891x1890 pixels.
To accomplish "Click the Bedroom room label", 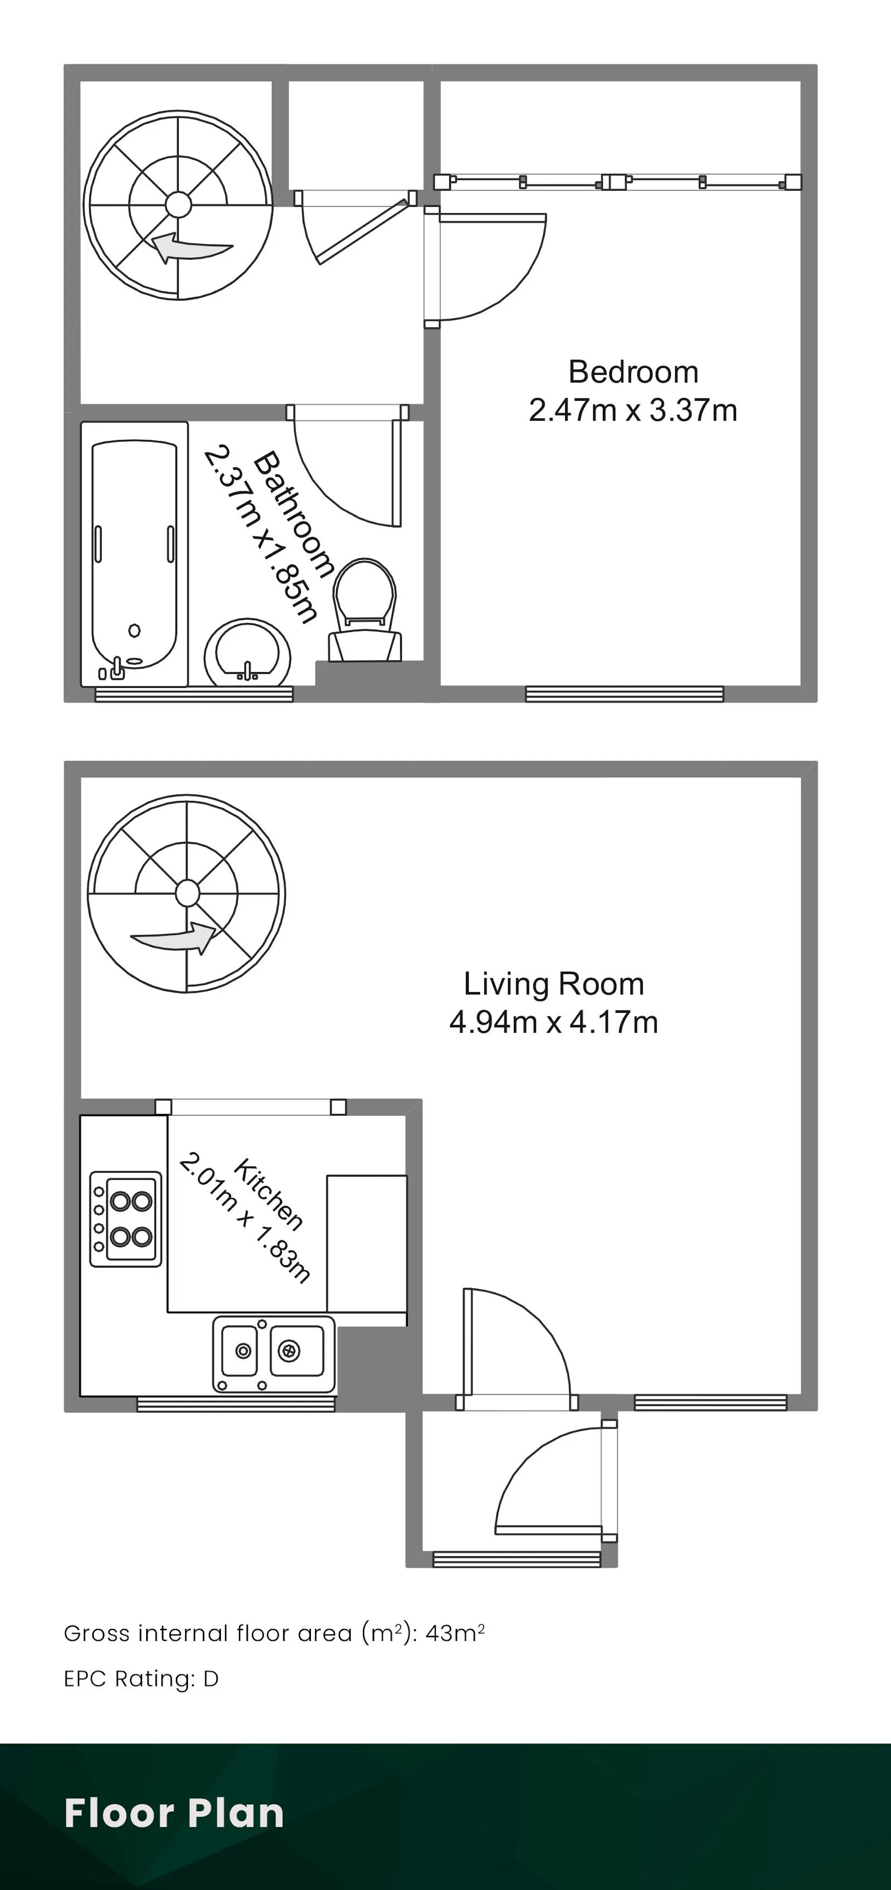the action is click(x=633, y=372).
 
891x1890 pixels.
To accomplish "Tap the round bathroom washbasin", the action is click(x=247, y=652).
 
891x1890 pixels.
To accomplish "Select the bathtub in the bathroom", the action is click(x=134, y=554).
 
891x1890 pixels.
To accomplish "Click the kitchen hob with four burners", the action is click(x=125, y=1219).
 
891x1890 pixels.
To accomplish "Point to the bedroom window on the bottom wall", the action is click(x=625, y=694).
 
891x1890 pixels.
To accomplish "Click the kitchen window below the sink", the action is click(x=236, y=1403).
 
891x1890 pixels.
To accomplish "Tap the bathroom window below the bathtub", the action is click(x=194, y=694).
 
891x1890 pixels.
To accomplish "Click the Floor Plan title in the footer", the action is click(x=174, y=1813).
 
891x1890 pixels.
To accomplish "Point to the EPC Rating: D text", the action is click(x=142, y=1678).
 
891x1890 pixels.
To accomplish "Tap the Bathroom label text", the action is click(x=294, y=513).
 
